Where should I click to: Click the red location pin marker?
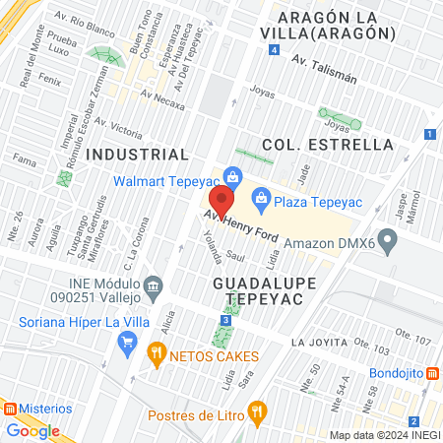tap(221, 202)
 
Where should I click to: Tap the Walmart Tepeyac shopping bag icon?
tap(232, 178)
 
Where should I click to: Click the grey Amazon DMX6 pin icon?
tap(388, 239)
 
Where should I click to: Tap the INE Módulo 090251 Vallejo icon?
tap(153, 286)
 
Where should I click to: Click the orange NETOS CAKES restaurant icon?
tap(156, 352)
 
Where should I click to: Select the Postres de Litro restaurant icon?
tap(257, 411)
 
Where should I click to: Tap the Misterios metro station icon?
tap(9, 408)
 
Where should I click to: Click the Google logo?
tap(32, 430)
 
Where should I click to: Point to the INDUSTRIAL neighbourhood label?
tap(137, 155)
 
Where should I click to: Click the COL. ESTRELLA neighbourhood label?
tap(328, 145)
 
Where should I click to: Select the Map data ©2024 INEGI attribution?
tap(383, 435)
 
